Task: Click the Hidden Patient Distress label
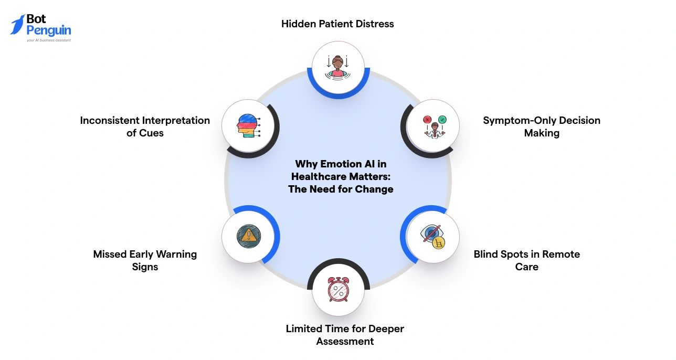coord(337,24)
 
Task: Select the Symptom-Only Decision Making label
coord(542,126)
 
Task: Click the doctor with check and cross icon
coord(434,126)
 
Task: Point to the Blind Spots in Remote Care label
coord(527,260)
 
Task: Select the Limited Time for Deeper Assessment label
coord(345,335)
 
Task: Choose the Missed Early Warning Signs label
coord(145,260)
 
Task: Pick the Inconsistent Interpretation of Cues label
coord(145,126)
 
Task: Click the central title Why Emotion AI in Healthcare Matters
coord(341,176)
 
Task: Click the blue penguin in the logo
coord(17,25)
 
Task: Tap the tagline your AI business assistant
coord(49,40)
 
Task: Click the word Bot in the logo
coord(36,19)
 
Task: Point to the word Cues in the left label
coord(152,133)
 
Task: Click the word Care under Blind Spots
coord(527,267)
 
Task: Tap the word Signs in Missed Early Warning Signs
coord(145,267)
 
